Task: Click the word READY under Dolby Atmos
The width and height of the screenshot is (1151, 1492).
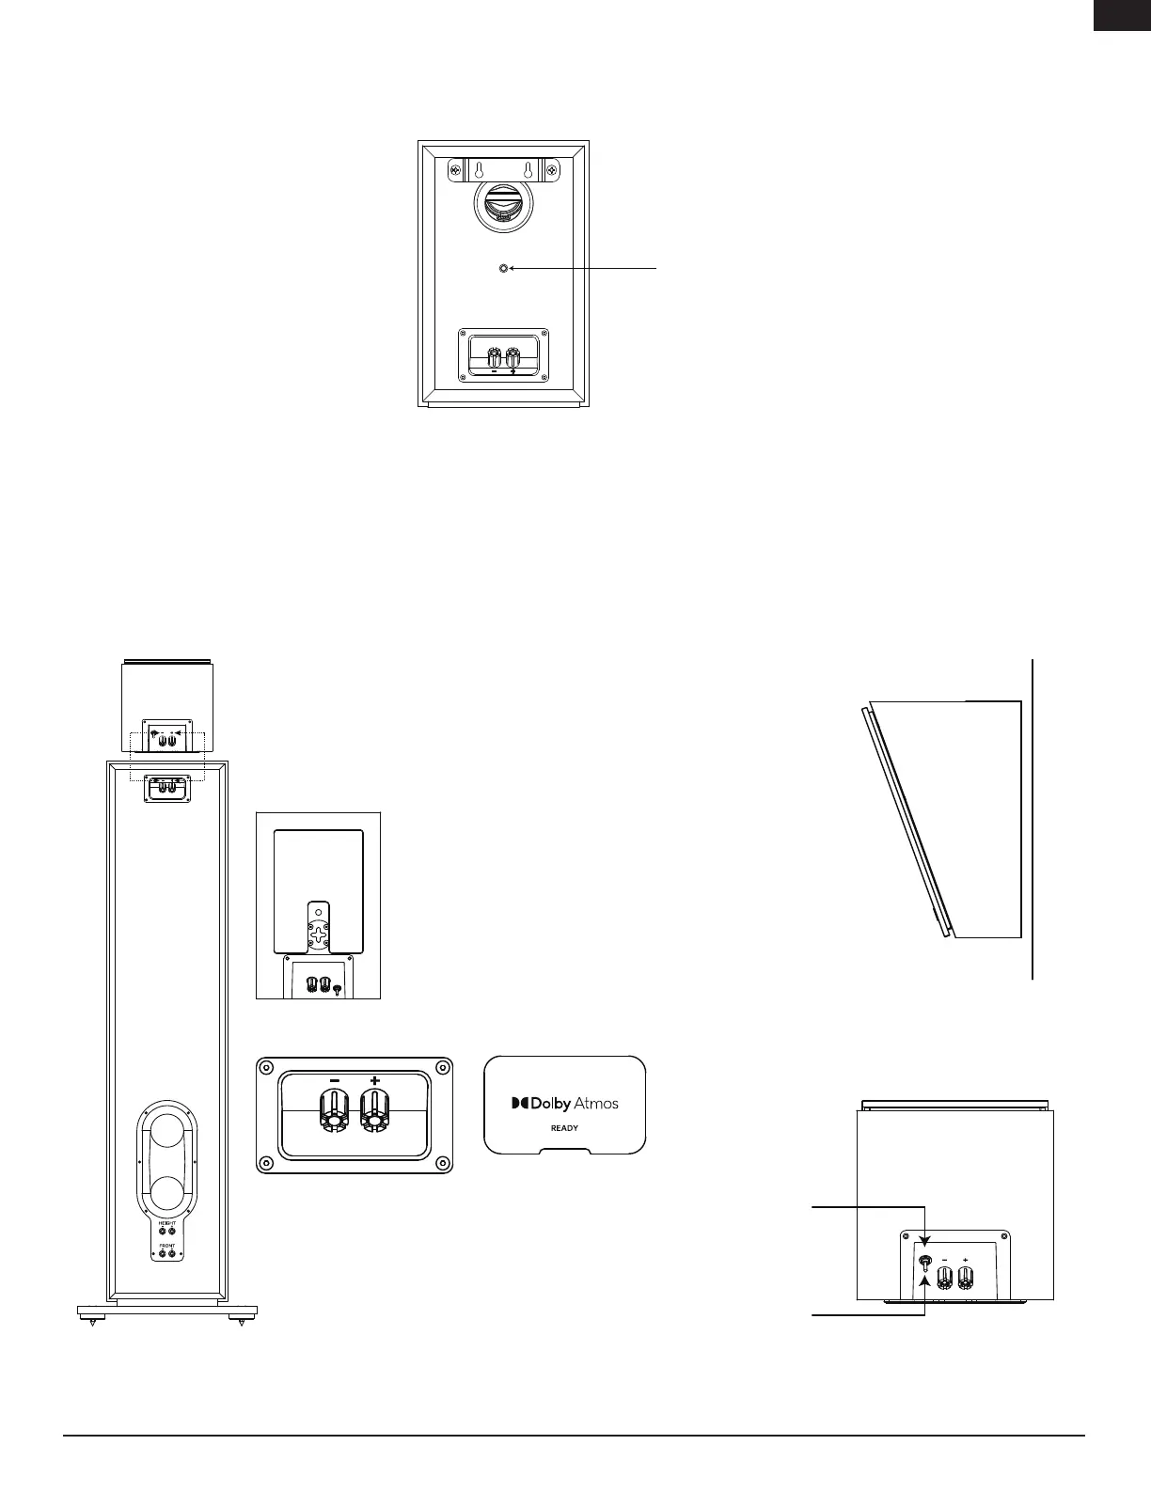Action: point(564,1128)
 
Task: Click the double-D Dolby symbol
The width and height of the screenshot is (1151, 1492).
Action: point(519,1103)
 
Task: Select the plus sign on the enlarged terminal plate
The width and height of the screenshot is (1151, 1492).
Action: point(375,1081)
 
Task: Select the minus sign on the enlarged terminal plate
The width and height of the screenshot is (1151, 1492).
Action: point(334,1081)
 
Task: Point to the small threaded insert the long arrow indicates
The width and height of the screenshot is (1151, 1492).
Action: point(503,269)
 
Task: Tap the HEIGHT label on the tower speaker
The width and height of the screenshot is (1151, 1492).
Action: point(166,1222)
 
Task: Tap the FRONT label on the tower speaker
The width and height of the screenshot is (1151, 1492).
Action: point(166,1245)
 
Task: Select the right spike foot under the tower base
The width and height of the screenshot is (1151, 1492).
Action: point(242,1322)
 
